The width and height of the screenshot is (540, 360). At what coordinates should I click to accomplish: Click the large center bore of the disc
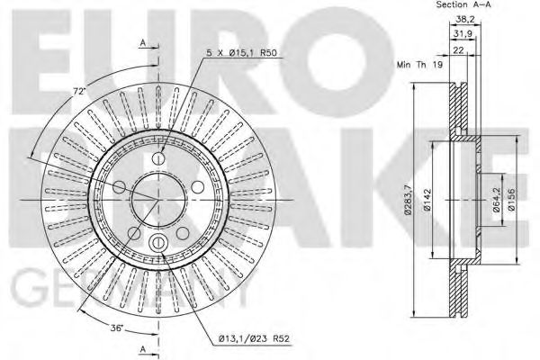157,200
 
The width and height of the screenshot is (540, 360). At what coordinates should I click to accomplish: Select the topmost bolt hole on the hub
157,158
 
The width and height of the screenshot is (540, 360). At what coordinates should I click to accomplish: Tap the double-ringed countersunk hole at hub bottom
157,243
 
